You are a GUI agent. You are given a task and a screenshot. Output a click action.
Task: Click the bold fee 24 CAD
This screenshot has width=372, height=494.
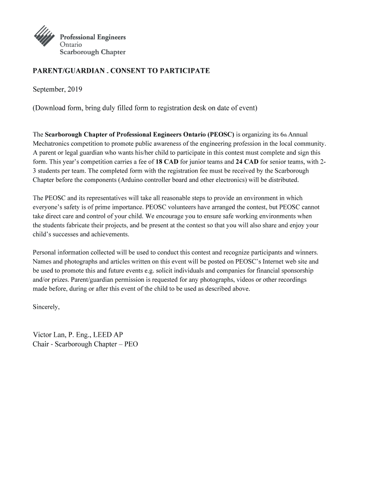[x=247, y=162]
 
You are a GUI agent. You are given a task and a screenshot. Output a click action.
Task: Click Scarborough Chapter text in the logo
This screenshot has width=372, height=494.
[x=92, y=52]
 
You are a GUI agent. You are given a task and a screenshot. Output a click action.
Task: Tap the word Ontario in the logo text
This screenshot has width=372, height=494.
[x=71, y=44]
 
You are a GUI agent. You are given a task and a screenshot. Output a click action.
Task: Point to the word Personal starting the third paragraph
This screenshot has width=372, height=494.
[x=44, y=252]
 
